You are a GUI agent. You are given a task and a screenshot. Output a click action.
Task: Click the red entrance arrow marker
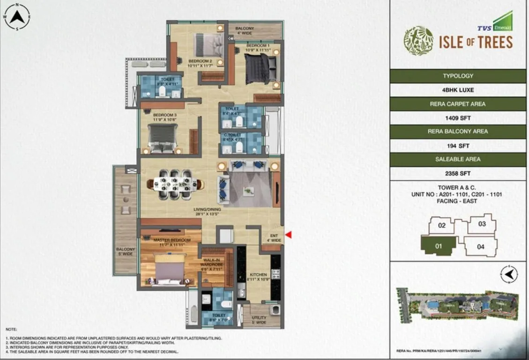[x=289, y=235]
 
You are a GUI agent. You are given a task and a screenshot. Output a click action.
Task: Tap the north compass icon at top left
[x=17, y=17]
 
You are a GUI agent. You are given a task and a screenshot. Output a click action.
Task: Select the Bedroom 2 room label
[x=200, y=64]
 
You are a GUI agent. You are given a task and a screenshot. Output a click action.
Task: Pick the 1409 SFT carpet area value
[x=458, y=118]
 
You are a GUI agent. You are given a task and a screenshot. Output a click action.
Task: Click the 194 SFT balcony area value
[x=458, y=146]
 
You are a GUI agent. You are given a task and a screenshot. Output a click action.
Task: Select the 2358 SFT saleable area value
[x=458, y=173]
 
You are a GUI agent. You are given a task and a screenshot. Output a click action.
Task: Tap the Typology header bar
[x=458, y=76]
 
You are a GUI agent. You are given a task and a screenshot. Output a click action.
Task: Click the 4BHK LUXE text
[x=458, y=90]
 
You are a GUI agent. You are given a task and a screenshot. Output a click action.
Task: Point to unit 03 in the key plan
[x=482, y=224]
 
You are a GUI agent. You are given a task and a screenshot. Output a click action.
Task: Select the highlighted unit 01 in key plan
[x=439, y=245]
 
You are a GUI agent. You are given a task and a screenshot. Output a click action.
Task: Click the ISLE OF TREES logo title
[x=475, y=42]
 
